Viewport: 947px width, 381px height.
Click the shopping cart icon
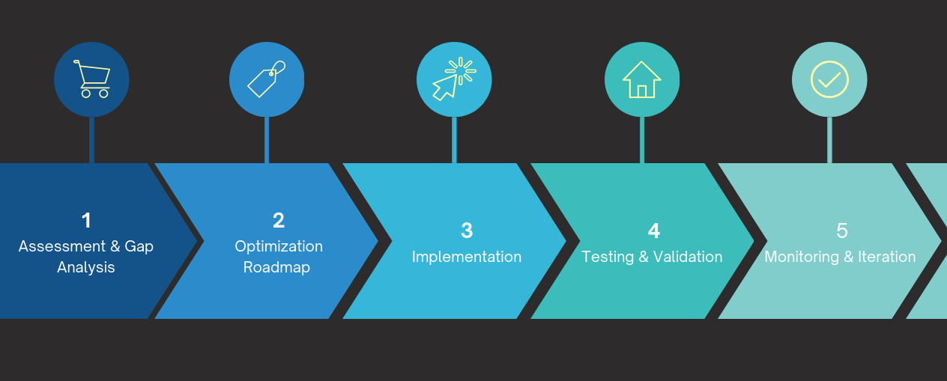pyautogui.click(x=91, y=79)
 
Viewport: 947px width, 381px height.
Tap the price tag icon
pyautogui.click(x=267, y=79)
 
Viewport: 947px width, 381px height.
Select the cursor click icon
pyautogui.click(x=454, y=79)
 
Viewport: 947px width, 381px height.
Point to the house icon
pyautogui.click(x=642, y=79)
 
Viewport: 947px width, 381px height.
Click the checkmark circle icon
pyautogui.click(x=829, y=79)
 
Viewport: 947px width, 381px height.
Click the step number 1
pyautogui.click(x=86, y=221)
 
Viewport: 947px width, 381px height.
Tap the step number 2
pyautogui.click(x=279, y=221)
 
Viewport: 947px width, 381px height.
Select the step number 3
pyautogui.click(x=467, y=231)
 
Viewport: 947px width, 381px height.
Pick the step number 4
pyautogui.click(x=653, y=231)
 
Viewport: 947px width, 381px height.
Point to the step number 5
pyautogui.click(x=841, y=231)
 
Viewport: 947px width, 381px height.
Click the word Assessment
pyautogui.click(x=52, y=246)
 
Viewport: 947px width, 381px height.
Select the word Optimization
pyautogui.click(x=279, y=246)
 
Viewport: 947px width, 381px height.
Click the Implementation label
pyautogui.click(x=467, y=257)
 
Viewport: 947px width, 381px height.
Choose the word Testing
pyautogui.click(x=608, y=257)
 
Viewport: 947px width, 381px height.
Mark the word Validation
pyautogui.click(x=688, y=257)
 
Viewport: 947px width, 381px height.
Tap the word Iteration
pyautogui.click(x=887, y=257)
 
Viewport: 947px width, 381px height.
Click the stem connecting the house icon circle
pyautogui.click(x=642, y=140)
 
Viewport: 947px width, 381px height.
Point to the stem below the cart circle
pyautogui.click(x=91, y=140)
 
